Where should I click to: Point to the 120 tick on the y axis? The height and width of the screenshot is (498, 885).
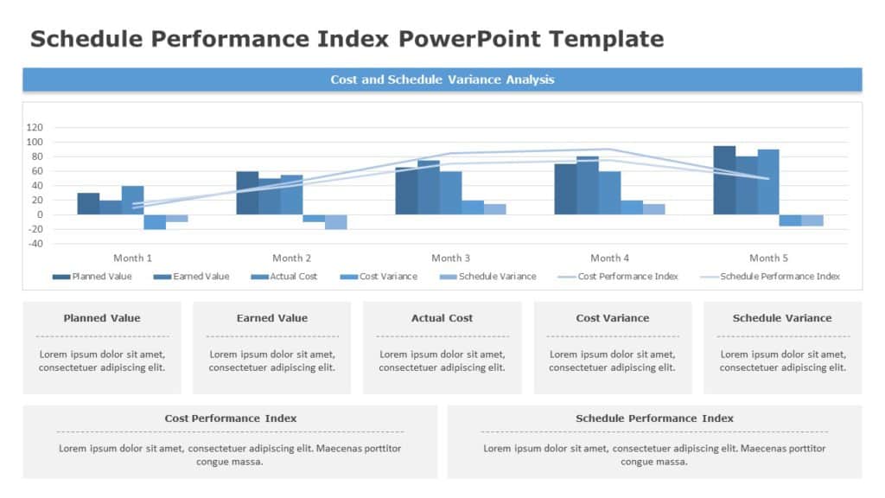click(x=35, y=127)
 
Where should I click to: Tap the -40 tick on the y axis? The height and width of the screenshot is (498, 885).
click(x=35, y=244)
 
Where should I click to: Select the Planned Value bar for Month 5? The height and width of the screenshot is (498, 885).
click(x=724, y=181)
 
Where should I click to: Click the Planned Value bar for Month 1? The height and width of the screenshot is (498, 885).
click(x=88, y=204)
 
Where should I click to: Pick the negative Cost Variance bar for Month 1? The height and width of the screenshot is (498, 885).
click(x=155, y=222)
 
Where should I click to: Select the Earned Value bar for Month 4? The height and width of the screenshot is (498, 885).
click(x=588, y=186)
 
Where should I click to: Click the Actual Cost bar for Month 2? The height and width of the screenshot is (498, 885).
click(x=291, y=195)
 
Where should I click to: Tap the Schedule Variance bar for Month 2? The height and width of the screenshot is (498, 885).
click(x=335, y=222)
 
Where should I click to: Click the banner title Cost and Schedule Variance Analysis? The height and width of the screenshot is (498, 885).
click(x=442, y=80)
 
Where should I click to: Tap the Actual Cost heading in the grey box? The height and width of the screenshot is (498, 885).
click(x=442, y=318)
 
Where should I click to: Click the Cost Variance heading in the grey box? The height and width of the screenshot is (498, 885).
click(x=612, y=318)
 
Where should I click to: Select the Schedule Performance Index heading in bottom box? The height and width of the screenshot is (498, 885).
click(x=654, y=418)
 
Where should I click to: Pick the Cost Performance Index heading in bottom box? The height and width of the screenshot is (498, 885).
click(x=231, y=418)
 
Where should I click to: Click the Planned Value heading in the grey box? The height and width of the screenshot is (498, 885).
click(x=102, y=318)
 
